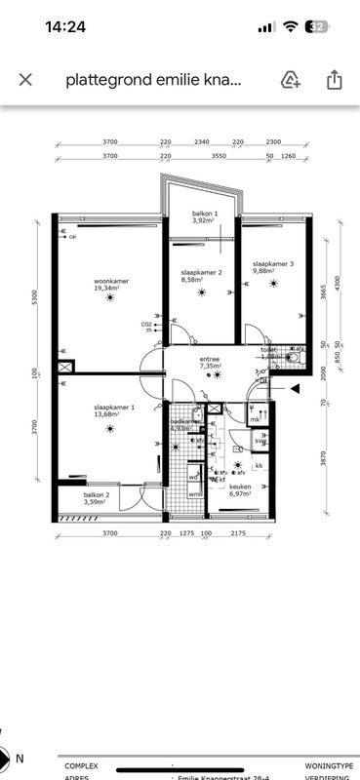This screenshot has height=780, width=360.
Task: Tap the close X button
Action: click(25, 79)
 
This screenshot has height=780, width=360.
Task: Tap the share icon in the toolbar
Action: click(334, 79)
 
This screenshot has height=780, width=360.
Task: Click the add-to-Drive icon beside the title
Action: click(290, 79)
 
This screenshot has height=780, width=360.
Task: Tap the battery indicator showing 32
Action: click(317, 27)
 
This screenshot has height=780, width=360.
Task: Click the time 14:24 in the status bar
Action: click(65, 27)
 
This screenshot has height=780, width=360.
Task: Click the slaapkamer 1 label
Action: click(114, 410)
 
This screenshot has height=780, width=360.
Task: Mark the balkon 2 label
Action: click(96, 499)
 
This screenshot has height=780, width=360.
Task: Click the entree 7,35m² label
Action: click(210, 363)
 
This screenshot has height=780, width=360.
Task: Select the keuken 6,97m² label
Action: click(240, 489)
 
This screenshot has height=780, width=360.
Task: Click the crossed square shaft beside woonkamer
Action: click(65, 368)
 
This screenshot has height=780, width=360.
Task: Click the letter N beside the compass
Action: click(20, 757)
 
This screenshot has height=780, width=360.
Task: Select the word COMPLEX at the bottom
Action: click(81, 767)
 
